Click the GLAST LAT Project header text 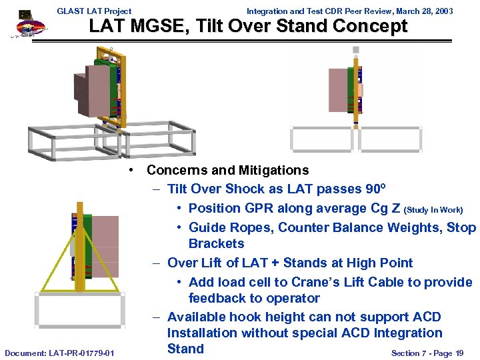[x=94, y=11]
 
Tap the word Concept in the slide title [x=371, y=27]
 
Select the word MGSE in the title [x=149, y=27]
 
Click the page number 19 [x=459, y=353]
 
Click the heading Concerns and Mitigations [x=227, y=170]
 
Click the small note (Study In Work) [x=433, y=209]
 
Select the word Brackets [x=216, y=243]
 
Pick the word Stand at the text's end [x=185, y=349]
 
